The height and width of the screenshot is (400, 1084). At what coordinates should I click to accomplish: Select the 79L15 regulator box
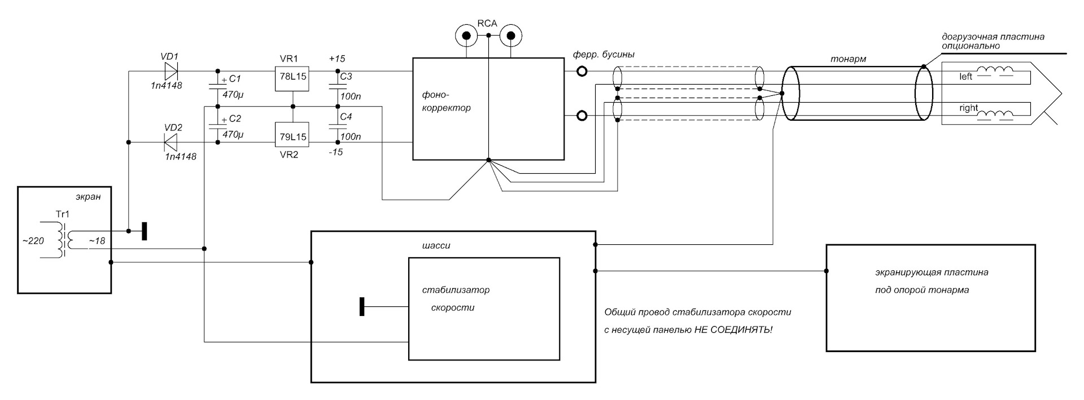click(x=292, y=137)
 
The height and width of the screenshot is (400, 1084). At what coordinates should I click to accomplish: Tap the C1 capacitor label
click(x=235, y=79)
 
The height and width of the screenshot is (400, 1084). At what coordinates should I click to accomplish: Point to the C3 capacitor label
click(x=346, y=77)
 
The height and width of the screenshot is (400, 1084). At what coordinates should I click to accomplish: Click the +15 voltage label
click(x=337, y=59)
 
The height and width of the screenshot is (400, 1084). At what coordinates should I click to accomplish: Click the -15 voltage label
click(x=335, y=152)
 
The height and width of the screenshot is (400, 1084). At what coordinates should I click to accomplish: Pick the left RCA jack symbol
click(x=466, y=36)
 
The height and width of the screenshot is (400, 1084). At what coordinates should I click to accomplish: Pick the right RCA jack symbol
click(x=511, y=36)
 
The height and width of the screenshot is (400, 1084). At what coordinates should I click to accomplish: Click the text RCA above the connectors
click(x=487, y=24)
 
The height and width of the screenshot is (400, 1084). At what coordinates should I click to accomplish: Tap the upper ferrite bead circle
click(x=582, y=71)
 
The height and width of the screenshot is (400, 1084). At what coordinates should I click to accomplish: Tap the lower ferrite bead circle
click(x=582, y=116)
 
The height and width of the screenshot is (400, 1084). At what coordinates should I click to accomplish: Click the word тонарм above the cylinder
click(x=848, y=59)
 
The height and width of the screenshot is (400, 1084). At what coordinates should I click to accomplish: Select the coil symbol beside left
click(x=995, y=72)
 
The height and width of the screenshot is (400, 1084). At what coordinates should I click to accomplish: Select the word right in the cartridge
click(x=968, y=108)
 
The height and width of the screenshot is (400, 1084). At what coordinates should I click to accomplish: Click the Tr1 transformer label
click(x=63, y=214)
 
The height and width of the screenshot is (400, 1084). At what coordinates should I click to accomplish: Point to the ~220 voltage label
click(x=33, y=241)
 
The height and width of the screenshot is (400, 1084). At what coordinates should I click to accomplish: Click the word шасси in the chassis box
click(x=436, y=246)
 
